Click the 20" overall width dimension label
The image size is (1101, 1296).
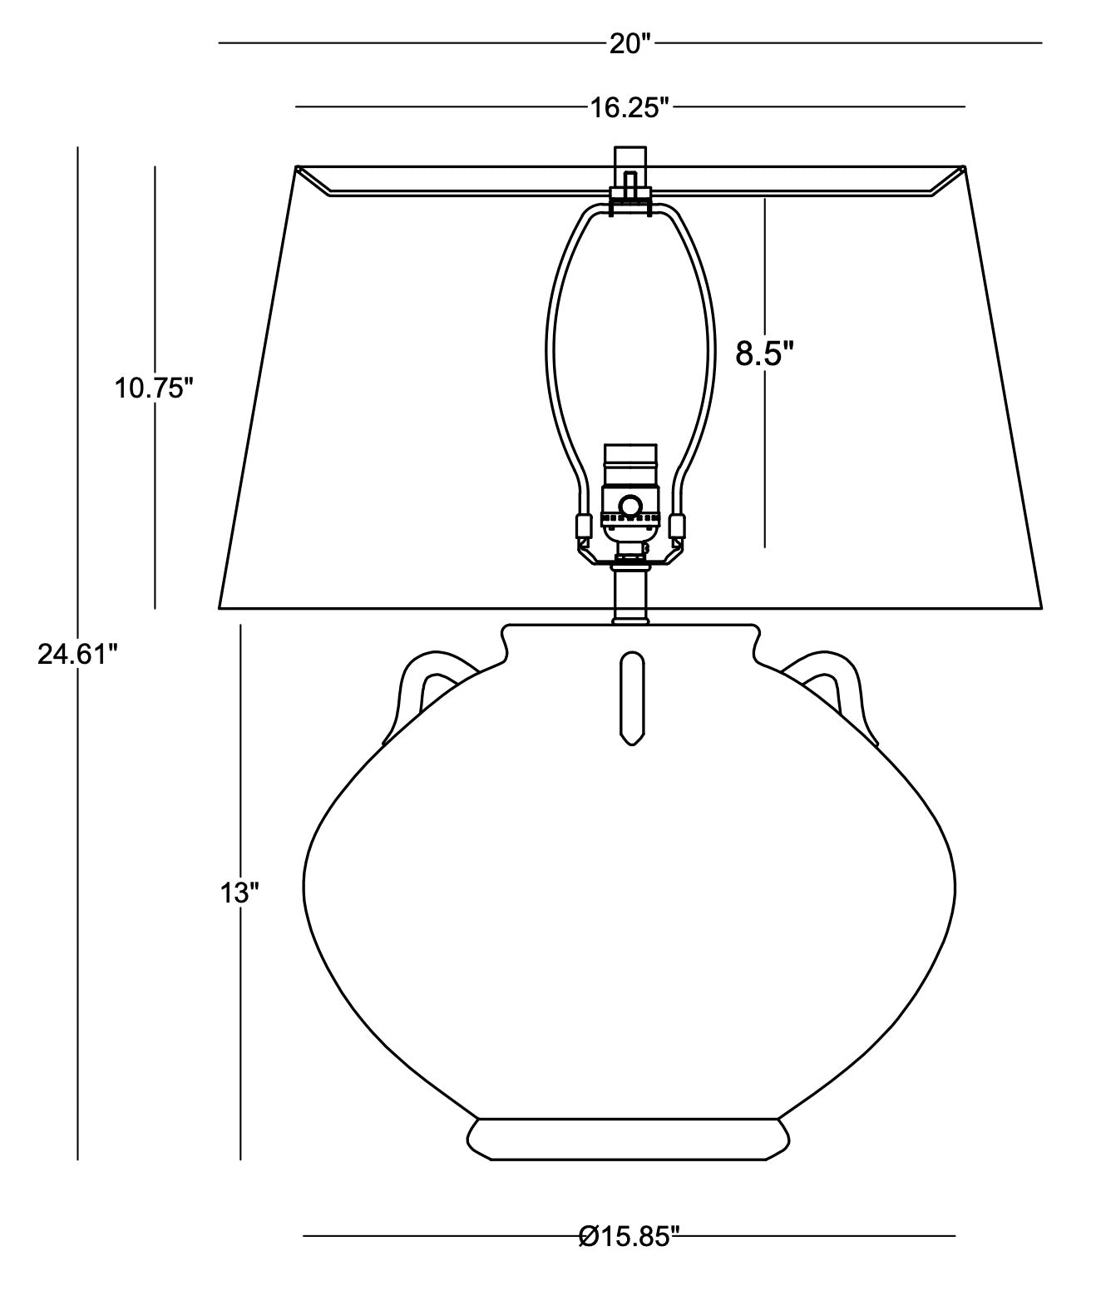(x=630, y=44)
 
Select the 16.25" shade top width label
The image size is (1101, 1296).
(x=629, y=108)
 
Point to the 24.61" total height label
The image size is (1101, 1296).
(x=77, y=655)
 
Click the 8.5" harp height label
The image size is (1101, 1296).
(x=764, y=354)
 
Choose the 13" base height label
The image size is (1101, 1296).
(x=239, y=893)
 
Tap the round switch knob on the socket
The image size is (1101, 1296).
(x=629, y=506)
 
